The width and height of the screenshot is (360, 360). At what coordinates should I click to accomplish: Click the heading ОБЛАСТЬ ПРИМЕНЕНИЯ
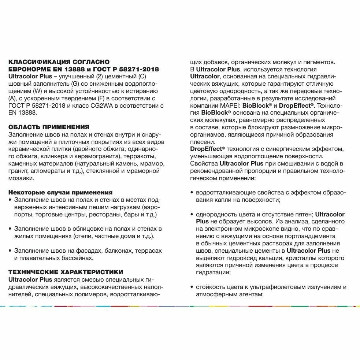(49, 127)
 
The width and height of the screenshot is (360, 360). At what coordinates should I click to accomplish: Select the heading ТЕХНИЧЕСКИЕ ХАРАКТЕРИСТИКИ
(66, 272)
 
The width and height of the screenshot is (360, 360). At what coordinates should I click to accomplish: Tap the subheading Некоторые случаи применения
(60, 192)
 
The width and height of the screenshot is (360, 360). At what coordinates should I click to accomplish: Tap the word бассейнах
(76, 257)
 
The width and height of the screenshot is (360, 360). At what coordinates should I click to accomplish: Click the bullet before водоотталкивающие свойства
(192, 193)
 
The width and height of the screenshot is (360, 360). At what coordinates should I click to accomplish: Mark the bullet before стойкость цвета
(192, 287)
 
